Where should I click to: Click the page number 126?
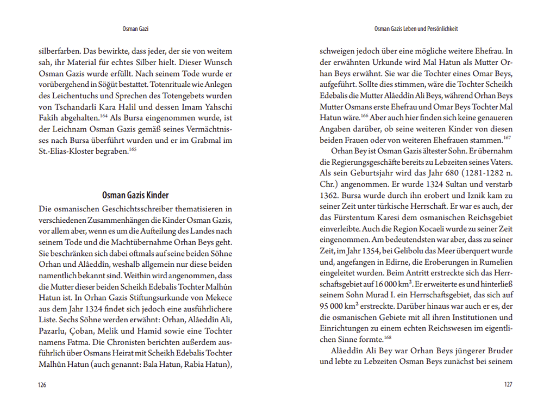point(42,385)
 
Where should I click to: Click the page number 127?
point(508,385)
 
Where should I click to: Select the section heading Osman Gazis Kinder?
point(136,196)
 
